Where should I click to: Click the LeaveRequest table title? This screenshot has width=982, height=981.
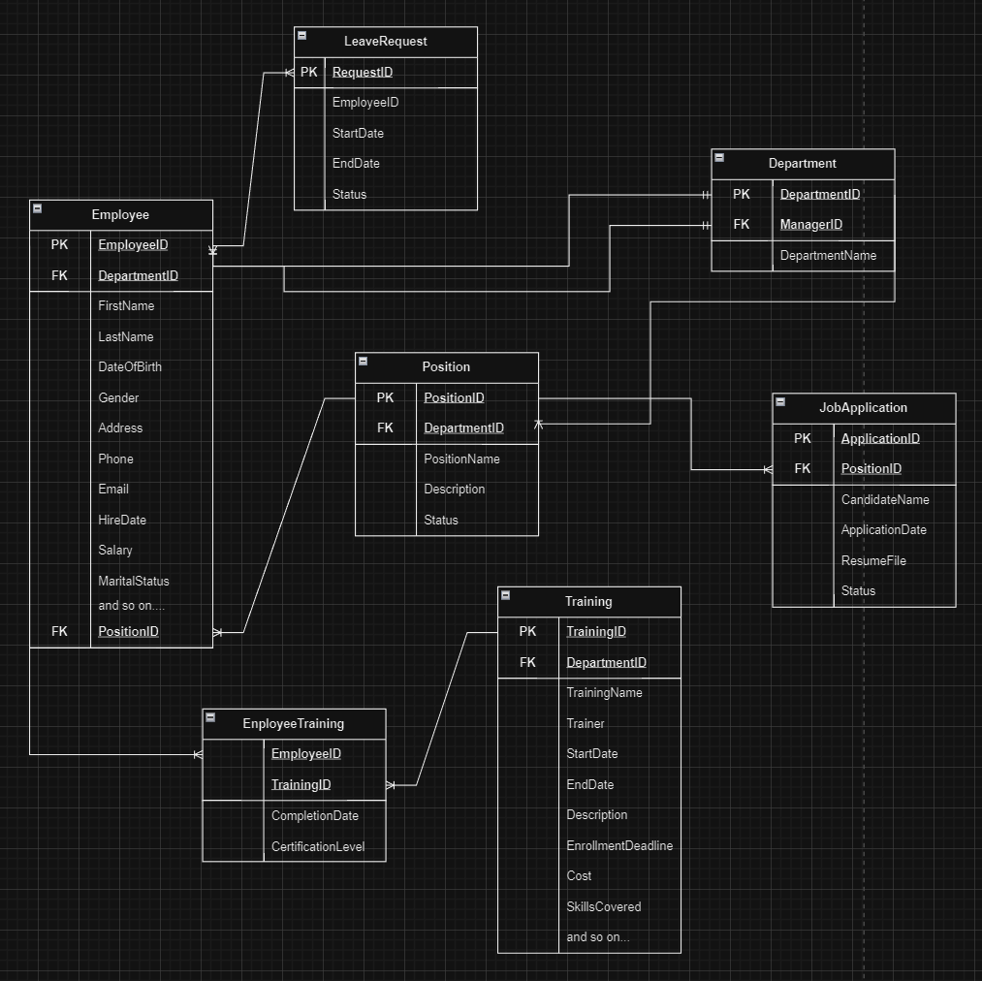[385, 41]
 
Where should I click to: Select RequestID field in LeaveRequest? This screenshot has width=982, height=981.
[363, 72]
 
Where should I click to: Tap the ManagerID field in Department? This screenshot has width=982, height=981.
[811, 224]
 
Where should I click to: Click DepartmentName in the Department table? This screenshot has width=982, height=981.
[828, 255]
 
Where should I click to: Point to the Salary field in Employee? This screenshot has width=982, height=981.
[115, 550]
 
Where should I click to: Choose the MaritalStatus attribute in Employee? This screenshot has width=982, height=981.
[134, 581]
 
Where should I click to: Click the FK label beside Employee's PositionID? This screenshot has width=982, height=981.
[59, 631]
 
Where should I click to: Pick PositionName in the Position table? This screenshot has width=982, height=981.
[461, 459]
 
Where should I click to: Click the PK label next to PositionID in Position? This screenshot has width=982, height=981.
[385, 397]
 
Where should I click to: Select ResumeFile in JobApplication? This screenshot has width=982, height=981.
[873, 560]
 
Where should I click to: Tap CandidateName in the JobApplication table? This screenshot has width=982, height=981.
[885, 499]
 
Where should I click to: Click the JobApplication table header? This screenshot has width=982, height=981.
[863, 407]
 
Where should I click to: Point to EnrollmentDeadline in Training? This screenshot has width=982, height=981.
[619, 845]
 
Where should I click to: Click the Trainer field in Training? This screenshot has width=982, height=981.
[586, 723]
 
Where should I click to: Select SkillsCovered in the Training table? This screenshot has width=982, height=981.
[604, 906]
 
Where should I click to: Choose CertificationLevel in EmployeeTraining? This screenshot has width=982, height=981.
[318, 846]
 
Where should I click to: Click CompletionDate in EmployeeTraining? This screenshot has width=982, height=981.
[315, 815]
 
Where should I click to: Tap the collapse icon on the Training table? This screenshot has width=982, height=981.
[506, 595]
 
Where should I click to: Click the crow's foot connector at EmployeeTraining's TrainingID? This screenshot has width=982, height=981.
[391, 785]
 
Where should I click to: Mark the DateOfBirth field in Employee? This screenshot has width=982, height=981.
[131, 366]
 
